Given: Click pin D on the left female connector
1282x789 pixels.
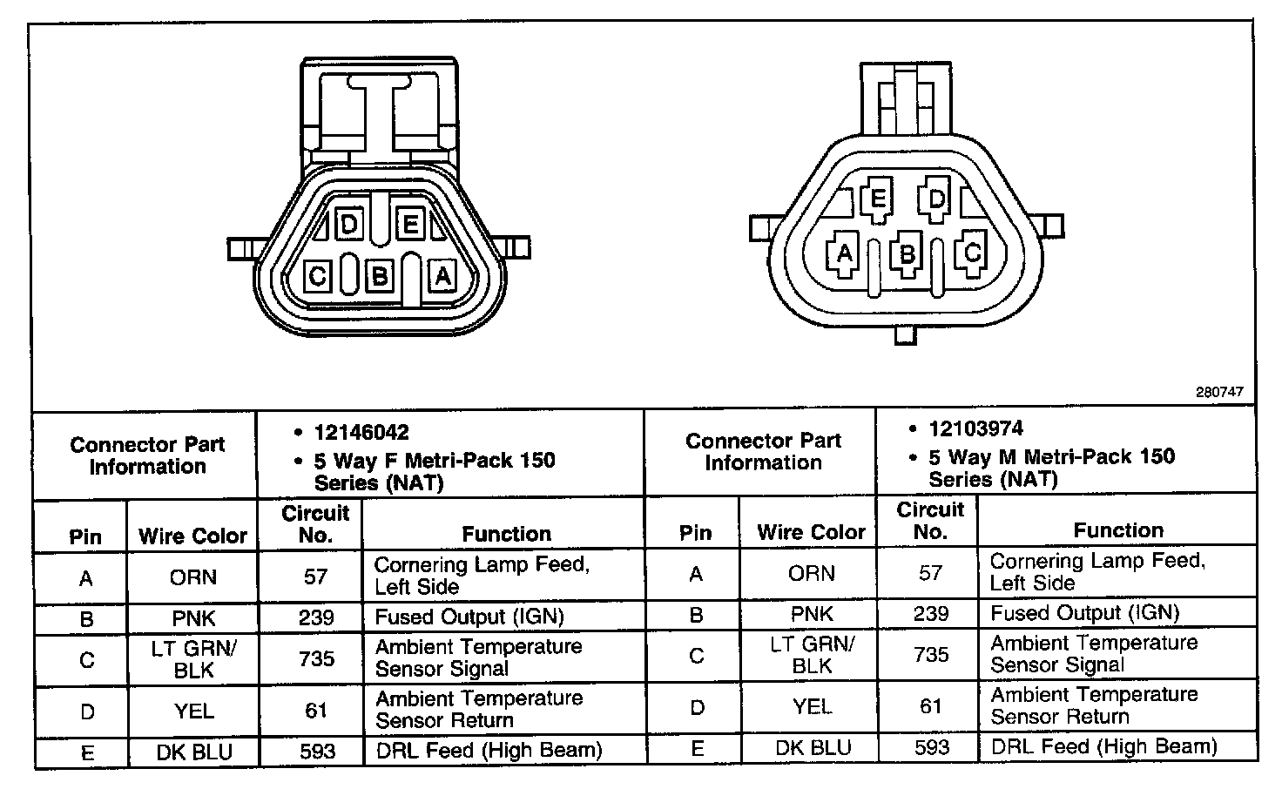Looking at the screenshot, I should (x=348, y=226).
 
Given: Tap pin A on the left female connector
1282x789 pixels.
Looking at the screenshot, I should (x=442, y=276).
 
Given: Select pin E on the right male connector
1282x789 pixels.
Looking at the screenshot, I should (x=878, y=199).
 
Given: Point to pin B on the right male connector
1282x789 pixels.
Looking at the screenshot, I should (x=908, y=254).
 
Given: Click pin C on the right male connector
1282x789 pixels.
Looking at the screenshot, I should (x=972, y=253).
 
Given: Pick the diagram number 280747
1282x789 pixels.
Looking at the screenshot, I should (x=1218, y=393).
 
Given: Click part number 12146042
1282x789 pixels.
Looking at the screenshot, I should (x=361, y=433).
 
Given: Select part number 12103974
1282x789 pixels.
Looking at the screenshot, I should (x=975, y=429).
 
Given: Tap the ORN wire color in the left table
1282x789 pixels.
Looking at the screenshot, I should (x=193, y=577).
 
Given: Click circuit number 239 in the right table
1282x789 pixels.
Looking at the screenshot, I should (x=930, y=613).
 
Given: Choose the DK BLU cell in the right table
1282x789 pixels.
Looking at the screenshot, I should (x=812, y=747).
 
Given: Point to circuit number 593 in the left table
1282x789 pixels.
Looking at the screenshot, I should (x=315, y=751).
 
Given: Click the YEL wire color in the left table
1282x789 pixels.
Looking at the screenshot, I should (x=193, y=711).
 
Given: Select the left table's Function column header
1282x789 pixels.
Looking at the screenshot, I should (x=506, y=534).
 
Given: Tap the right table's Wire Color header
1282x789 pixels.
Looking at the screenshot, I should (x=811, y=531).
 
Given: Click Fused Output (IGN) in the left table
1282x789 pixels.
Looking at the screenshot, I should (x=469, y=617).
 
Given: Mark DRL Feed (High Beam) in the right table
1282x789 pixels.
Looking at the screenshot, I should (x=1103, y=746).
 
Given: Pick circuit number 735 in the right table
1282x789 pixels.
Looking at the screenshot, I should (x=930, y=654).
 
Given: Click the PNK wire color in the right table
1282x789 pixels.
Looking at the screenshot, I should (x=812, y=613).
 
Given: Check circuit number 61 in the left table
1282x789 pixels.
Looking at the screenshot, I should (x=315, y=711).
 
